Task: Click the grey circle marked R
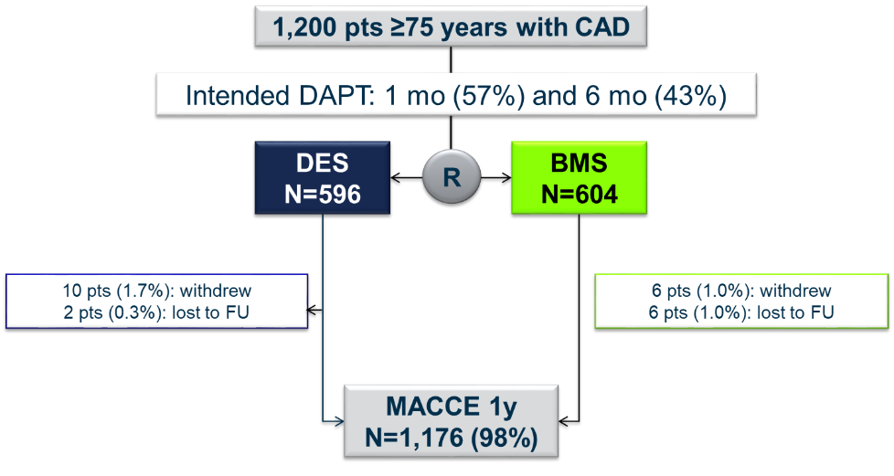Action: pyautogui.click(x=452, y=177)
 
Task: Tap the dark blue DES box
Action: pyautogui.click(x=324, y=177)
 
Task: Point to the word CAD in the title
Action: pyautogui.click(x=600, y=27)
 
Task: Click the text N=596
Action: pyautogui.click(x=324, y=194)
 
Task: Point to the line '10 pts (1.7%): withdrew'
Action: pyautogui.click(x=156, y=291)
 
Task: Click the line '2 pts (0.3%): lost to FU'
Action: pyautogui.click(x=156, y=312)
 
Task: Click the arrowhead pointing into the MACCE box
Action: pyautogui.click(x=337, y=422)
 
